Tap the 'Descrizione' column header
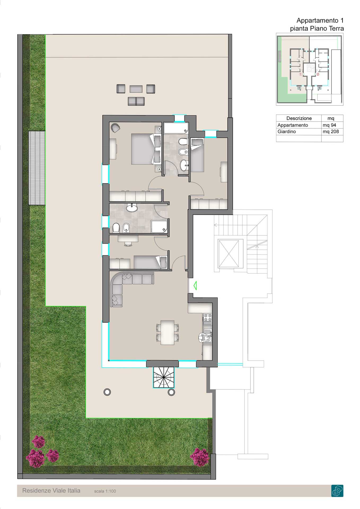299,118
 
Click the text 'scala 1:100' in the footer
105,491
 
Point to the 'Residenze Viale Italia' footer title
51,491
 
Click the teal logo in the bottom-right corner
337,491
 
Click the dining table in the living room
167,332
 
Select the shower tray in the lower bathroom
160,226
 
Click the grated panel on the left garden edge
37,168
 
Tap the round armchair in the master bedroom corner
116,128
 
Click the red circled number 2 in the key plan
318,74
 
